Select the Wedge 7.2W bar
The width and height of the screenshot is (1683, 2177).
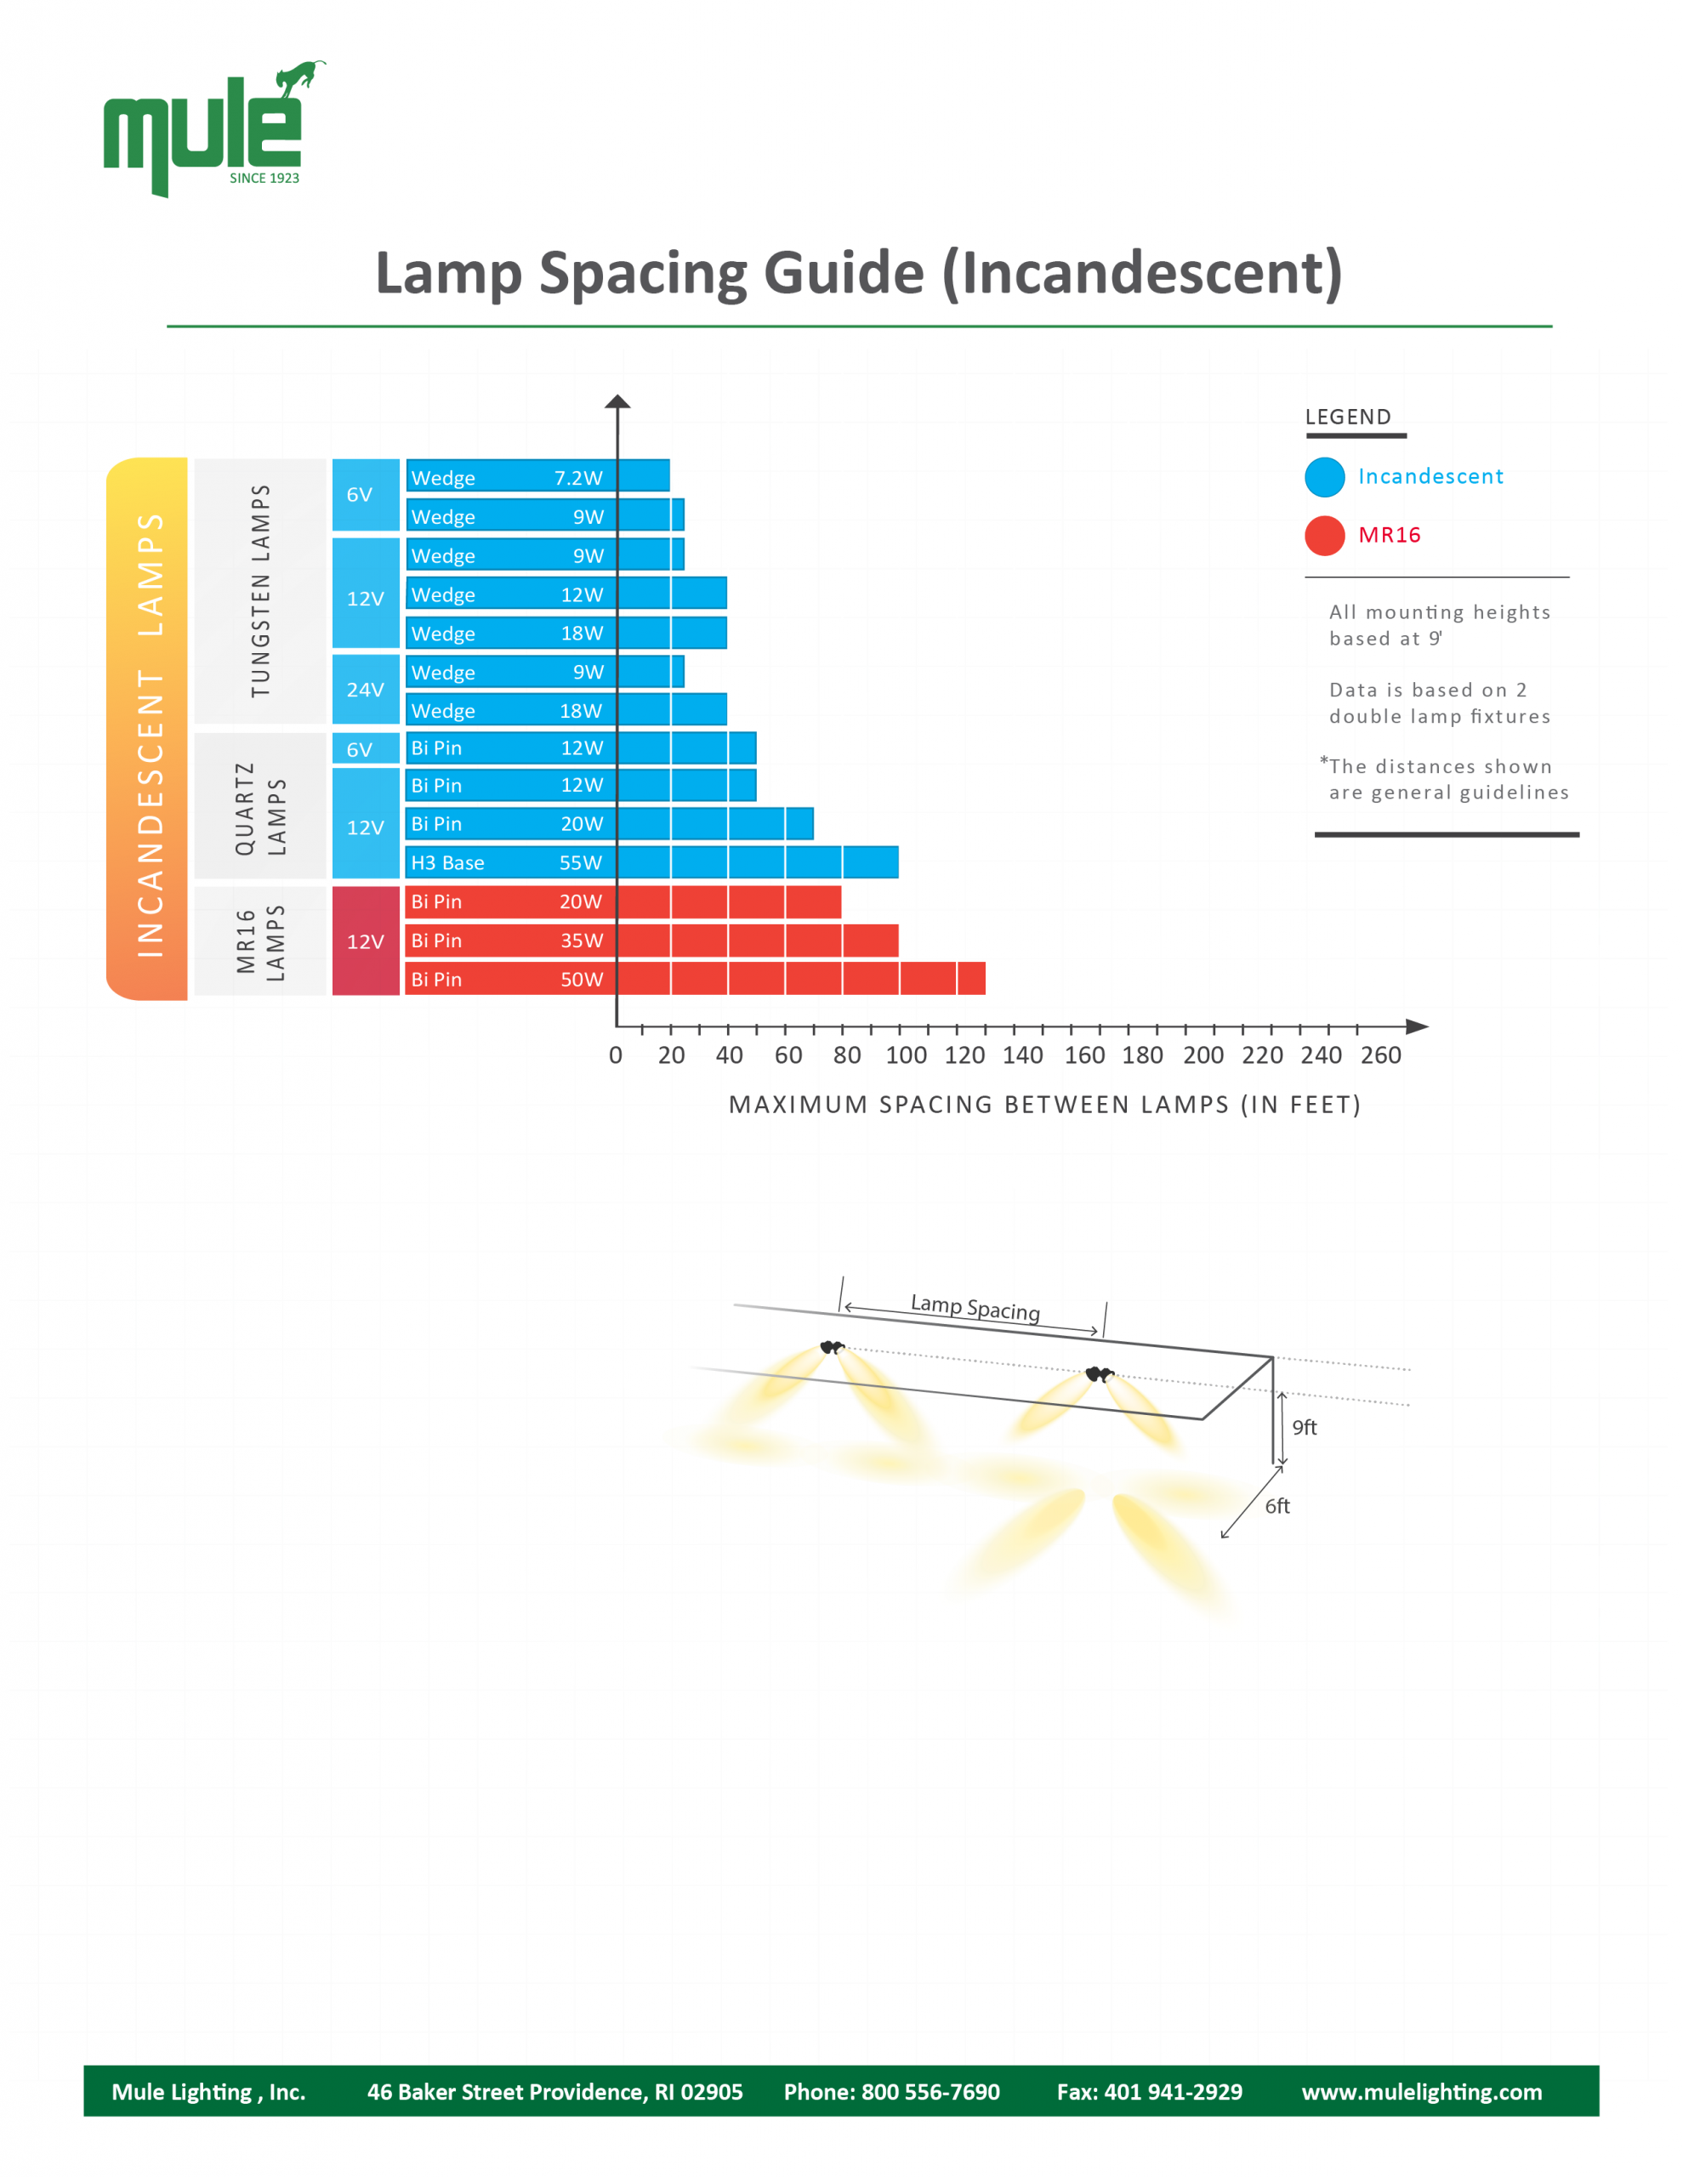537,476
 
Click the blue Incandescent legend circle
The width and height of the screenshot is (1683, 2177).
1324,477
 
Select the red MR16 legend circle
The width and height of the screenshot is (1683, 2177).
1324,535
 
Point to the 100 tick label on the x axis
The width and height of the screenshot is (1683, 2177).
906,1055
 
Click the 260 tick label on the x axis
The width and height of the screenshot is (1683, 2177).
1380,1055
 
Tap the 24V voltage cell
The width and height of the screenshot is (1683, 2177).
365,690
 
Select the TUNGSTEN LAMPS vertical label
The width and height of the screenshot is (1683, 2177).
260,591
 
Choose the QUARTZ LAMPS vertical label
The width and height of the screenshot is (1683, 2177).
260,809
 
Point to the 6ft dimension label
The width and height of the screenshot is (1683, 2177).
1277,1506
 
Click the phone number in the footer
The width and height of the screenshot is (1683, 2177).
891,2091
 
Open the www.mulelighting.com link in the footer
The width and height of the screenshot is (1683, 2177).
1421,2091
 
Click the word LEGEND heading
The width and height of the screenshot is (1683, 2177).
1348,417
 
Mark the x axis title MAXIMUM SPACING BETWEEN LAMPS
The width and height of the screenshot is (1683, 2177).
1043,1105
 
